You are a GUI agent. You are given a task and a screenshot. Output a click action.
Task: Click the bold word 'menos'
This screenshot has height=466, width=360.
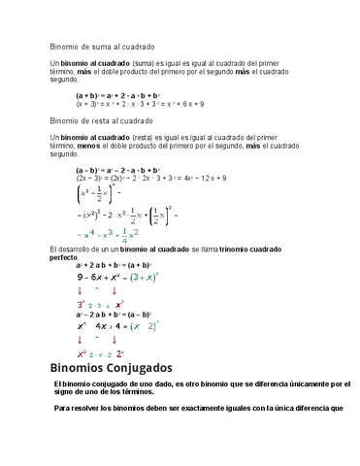click(x=80, y=147)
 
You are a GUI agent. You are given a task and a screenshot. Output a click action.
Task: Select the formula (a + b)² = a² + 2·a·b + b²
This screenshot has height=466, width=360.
click(x=118, y=96)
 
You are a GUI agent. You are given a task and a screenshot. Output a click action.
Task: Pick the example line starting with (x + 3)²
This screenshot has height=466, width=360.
click(x=140, y=104)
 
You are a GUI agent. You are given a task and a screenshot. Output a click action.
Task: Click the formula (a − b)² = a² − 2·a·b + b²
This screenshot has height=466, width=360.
click(x=118, y=171)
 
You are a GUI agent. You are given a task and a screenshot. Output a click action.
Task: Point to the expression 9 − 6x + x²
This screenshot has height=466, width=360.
click(x=101, y=276)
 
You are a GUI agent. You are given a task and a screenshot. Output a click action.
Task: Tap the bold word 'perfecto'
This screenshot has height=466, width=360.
click(x=64, y=259)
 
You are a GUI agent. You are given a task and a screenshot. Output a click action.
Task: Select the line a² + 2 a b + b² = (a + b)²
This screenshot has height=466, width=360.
click(x=119, y=265)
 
